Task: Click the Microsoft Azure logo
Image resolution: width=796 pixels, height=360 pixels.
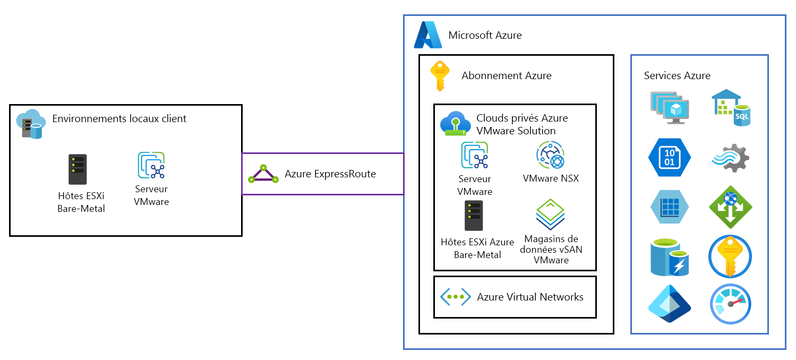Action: pos(428,36)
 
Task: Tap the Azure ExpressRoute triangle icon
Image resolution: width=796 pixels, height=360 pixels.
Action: pos(263,174)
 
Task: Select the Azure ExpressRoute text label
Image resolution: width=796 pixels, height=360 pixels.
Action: pos(330,174)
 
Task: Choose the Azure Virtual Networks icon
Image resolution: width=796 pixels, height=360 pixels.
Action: pos(455,297)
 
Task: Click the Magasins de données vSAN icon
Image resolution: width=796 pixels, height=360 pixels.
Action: pos(550,215)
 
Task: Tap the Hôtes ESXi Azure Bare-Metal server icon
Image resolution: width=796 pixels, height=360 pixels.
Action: pos(474,216)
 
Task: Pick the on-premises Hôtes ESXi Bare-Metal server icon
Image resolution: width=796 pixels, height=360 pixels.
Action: pos(78,170)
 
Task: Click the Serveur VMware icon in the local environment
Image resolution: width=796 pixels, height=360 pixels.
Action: pos(151,165)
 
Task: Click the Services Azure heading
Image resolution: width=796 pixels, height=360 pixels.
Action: pos(677,75)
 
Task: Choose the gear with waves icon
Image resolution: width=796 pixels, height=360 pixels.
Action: pos(730,157)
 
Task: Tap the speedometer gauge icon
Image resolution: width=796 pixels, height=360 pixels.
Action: pos(730,304)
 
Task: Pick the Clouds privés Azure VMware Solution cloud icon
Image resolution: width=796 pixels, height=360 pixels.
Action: pos(455,124)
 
